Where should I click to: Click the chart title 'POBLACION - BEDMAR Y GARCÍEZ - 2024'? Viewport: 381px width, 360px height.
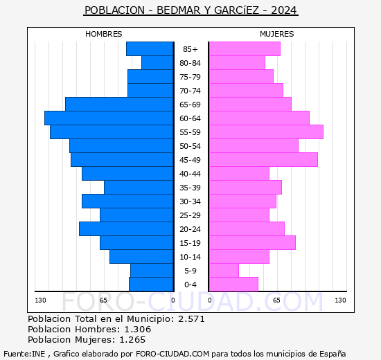point(190,10)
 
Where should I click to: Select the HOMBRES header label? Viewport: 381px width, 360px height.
point(104,34)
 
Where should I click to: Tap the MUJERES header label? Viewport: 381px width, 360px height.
point(276,34)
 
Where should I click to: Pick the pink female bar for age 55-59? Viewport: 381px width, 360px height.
point(266,132)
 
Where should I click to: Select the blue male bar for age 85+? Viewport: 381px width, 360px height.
point(150,49)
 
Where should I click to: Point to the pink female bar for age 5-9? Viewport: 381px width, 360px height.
point(224,271)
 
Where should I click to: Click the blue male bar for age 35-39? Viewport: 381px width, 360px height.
point(139,188)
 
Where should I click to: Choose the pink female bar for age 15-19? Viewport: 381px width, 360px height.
point(252,243)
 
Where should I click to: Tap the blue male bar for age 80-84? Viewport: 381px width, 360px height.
point(157,63)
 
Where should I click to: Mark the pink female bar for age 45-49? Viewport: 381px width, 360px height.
point(263,160)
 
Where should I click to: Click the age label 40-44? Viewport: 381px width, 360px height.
point(190,174)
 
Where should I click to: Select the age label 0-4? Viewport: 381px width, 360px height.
point(190,285)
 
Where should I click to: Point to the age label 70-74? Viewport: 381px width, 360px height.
point(190,91)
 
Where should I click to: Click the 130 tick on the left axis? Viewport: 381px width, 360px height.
point(40,300)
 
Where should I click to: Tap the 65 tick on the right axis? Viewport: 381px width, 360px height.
point(276,300)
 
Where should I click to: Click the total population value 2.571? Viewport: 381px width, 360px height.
point(190,319)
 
